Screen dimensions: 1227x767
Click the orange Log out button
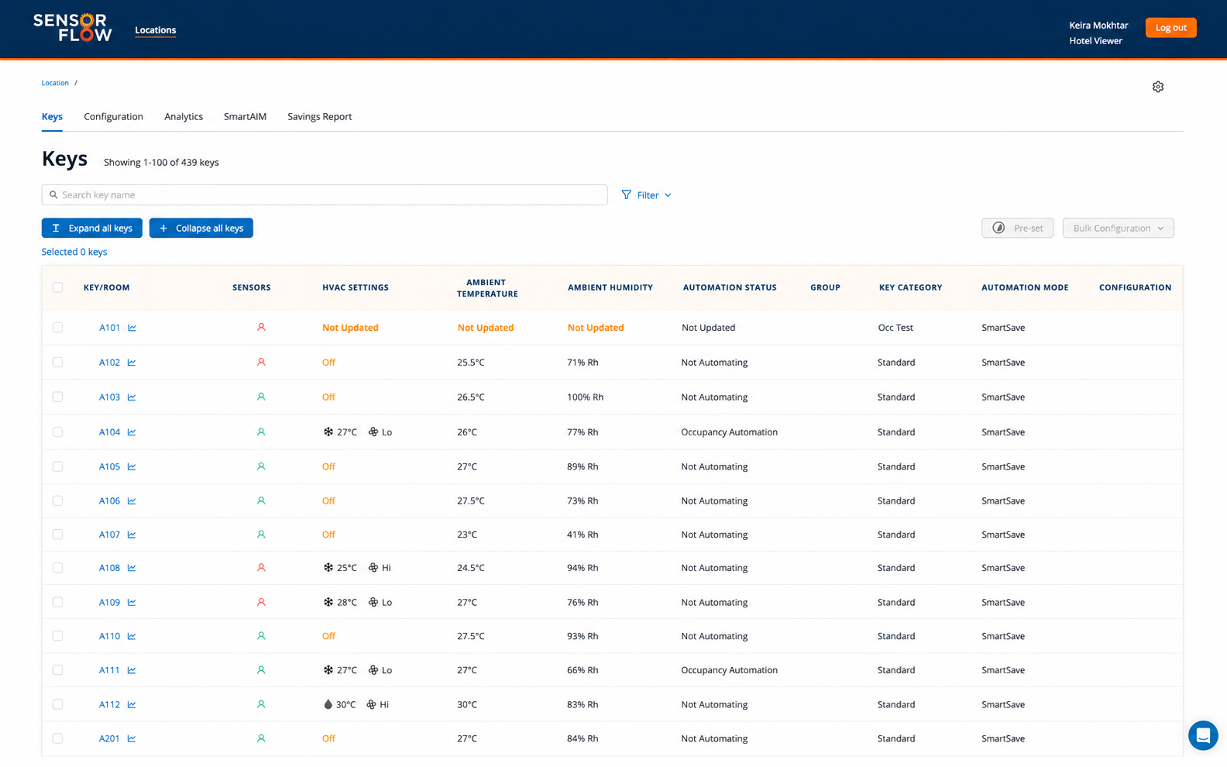(x=1170, y=27)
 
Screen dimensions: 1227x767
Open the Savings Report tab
(x=319, y=117)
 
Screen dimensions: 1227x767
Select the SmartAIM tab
(x=245, y=117)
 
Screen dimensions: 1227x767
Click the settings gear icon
(x=1157, y=87)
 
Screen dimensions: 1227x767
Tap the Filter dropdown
(x=646, y=195)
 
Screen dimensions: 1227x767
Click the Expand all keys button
(x=92, y=228)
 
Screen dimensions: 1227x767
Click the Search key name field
(x=325, y=195)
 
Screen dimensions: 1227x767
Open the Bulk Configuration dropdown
(x=1118, y=228)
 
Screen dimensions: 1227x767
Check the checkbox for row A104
(x=57, y=432)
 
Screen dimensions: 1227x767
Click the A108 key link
(x=109, y=568)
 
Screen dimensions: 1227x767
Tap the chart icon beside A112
(x=132, y=704)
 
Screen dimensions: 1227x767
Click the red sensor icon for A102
(x=261, y=362)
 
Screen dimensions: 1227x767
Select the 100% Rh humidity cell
(x=585, y=397)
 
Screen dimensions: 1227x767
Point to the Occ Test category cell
(x=895, y=328)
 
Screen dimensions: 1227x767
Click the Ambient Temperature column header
(x=487, y=287)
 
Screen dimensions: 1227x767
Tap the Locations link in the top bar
(x=156, y=30)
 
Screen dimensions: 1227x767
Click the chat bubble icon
(x=1203, y=734)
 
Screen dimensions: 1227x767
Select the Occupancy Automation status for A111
(x=729, y=670)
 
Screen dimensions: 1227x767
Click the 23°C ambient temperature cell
(x=466, y=534)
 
